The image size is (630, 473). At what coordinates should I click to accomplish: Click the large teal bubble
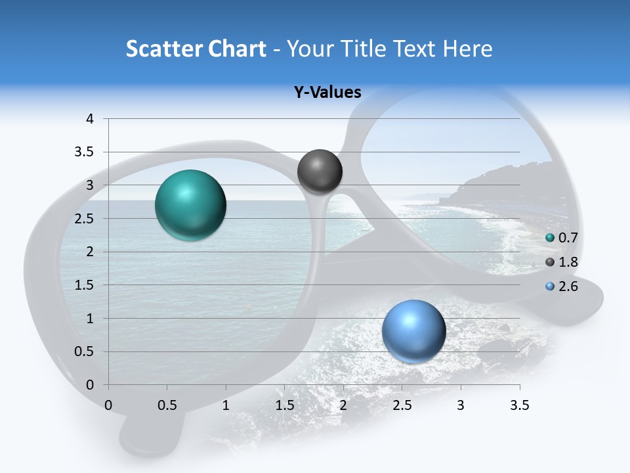pyautogui.click(x=191, y=205)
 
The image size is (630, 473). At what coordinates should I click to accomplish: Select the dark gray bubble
pyautogui.click(x=320, y=171)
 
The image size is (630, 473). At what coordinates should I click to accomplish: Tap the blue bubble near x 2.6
pyautogui.click(x=413, y=331)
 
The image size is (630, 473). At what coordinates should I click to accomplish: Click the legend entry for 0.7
pyautogui.click(x=562, y=238)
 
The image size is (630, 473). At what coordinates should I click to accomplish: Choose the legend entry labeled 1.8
pyautogui.click(x=562, y=262)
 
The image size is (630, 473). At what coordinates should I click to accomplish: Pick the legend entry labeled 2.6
pyautogui.click(x=562, y=286)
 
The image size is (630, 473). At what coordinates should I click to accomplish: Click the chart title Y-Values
pyautogui.click(x=327, y=92)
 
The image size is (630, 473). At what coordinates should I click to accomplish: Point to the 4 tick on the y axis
pyautogui.click(x=90, y=119)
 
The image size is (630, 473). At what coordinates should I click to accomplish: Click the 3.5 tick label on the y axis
pyautogui.click(x=85, y=152)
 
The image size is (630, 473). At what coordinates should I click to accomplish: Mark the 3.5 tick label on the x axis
pyautogui.click(x=519, y=405)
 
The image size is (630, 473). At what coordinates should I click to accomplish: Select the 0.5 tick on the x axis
pyautogui.click(x=167, y=405)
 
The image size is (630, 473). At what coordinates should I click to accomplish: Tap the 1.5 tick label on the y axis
pyautogui.click(x=85, y=285)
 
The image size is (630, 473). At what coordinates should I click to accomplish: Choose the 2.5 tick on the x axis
pyautogui.click(x=402, y=405)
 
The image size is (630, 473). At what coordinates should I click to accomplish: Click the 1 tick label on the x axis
pyautogui.click(x=226, y=405)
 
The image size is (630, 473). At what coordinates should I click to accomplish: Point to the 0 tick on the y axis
pyautogui.click(x=90, y=385)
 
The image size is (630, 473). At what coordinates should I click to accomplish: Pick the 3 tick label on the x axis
pyautogui.click(x=461, y=405)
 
